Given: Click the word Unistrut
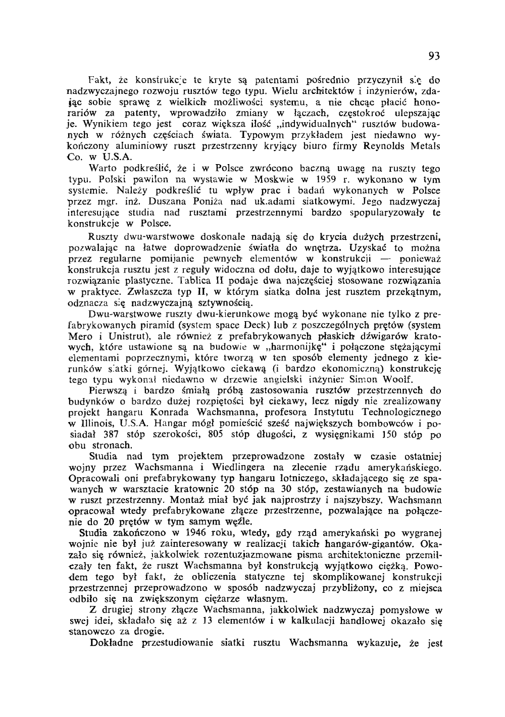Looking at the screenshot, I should (x=130, y=336).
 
